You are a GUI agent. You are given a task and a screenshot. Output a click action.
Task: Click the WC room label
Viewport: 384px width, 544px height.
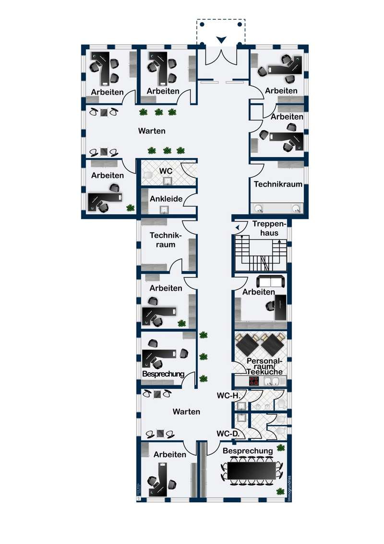click(166, 171)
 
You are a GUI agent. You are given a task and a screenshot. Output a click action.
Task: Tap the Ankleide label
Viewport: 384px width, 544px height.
click(166, 198)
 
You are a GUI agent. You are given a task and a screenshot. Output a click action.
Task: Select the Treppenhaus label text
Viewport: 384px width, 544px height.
click(268, 229)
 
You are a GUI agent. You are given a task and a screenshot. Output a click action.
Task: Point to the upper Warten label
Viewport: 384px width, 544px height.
click(152, 131)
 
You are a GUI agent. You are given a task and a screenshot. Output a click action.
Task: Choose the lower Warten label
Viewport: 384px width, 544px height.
click(186, 412)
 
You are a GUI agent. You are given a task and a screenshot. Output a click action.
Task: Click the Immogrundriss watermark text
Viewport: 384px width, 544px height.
click(289, 485)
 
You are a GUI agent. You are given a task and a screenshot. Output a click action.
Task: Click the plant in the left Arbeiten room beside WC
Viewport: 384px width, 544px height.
click(130, 208)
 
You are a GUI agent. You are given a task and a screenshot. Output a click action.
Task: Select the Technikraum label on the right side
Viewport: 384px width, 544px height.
click(278, 184)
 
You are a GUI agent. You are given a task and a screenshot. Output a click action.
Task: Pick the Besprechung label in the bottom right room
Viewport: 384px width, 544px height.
click(248, 451)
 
